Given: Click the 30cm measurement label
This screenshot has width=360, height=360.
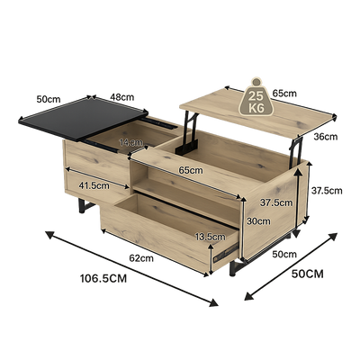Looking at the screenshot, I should click(x=259, y=220).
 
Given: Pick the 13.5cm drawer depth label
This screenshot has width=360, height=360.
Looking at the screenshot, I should click(x=210, y=237).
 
